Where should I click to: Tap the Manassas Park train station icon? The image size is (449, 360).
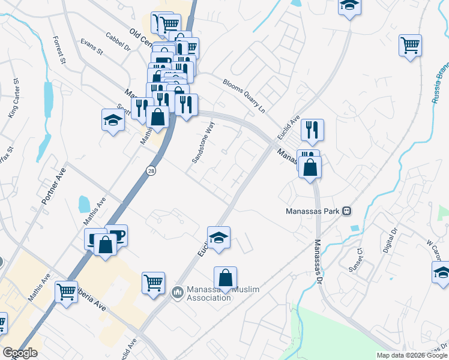[346, 211]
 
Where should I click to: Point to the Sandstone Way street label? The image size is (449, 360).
[203, 143]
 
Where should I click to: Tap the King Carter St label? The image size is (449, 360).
[13, 97]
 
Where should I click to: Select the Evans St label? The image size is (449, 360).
[92, 47]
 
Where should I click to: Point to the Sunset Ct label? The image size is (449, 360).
[355, 259]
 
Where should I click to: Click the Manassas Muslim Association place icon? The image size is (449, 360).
[177, 293]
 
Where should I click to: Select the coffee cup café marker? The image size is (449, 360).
[116, 235]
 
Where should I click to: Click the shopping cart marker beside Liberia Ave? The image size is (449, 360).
[66, 292]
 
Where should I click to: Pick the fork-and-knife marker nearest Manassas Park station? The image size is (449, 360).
[312, 130]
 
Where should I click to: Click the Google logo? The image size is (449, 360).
[20, 353]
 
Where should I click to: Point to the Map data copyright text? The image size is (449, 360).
[412, 355]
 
